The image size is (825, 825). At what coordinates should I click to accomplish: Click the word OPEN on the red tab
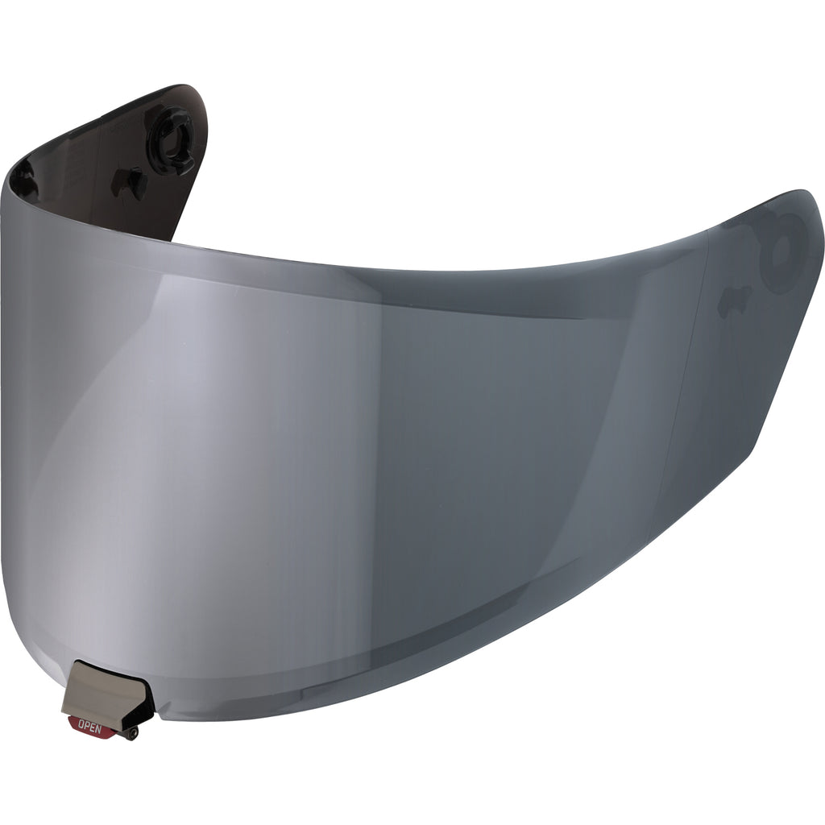(85, 723)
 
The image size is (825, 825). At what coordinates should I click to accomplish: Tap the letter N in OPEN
(93, 725)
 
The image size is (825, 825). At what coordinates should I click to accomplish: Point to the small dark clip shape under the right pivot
(736, 300)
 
